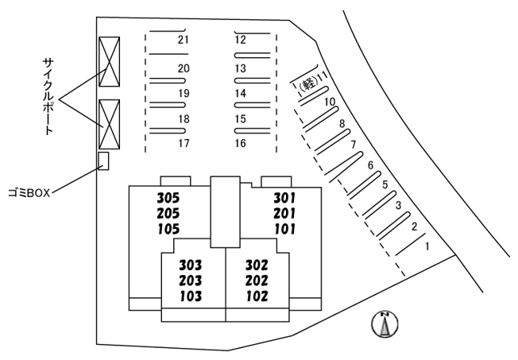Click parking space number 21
pyautogui.click(x=184, y=40)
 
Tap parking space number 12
pyautogui.click(x=241, y=40)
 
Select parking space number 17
pyautogui.click(x=184, y=143)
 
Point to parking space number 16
pyautogui.click(x=241, y=143)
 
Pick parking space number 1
pyautogui.click(x=427, y=246)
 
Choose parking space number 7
pyautogui.click(x=354, y=145)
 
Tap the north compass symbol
pyautogui.click(x=385, y=324)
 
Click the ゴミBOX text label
pyautogui.click(x=29, y=193)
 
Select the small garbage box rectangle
pyautogui.click(x=104, y=161)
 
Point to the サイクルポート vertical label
pyautogui.click(x=48, y=96)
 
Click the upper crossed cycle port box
pyautogui.click(x=110, y=62)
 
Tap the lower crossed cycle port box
pyautogui.click(x=110, y=124)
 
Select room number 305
pyautogui.click(x=168, y=198)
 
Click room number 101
pyautogui.click(x=284, y=229)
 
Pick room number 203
pyautogui.click(x=191, y=281)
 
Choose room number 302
pyautogui.click(x=257, y=265)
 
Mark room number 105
pyautogui.click(x=168, y=229)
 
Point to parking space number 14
pyautogui.click(x=241, y=94)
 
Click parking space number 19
pyautogui.click(x=184, y=94)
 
